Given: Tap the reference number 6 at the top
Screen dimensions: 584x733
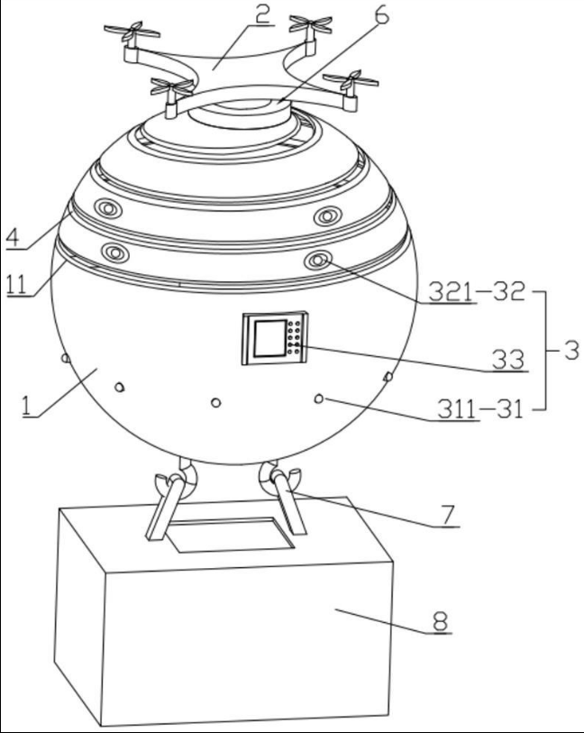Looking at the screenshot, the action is point(382,15).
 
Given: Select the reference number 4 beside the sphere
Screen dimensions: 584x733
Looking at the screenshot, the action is point(14,237).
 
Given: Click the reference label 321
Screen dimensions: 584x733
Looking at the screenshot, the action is point(451,292).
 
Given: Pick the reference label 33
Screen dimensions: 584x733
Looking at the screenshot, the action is point(508,360).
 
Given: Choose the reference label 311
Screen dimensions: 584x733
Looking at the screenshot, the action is point(456,410).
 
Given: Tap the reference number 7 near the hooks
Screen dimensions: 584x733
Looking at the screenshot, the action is point(448,515).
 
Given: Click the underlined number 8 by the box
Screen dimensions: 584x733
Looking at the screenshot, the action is point(440,622).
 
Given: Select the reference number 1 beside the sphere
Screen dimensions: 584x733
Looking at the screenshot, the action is point(27,406).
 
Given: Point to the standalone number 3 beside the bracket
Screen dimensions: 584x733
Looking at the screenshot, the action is point(571,350).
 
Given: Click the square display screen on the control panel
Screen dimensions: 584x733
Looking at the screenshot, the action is point(270,338).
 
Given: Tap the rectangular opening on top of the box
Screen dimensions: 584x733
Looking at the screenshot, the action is point(231,535).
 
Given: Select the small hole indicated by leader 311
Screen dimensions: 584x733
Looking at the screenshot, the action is point(319,399).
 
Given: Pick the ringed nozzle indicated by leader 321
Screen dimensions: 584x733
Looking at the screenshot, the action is point(318,260).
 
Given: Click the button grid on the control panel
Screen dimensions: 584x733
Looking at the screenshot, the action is point(295,336).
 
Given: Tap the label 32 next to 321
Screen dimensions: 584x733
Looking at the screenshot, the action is point(510,292).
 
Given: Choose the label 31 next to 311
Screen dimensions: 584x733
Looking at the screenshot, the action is point(508,410).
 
